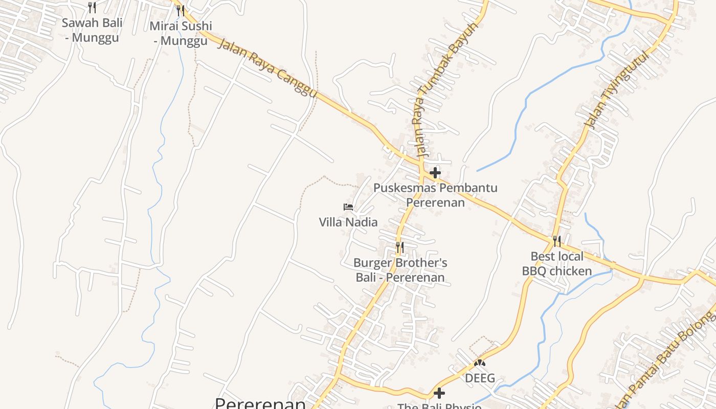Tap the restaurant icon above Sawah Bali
[92, 8]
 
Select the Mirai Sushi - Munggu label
[181, 33]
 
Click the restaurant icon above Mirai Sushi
[180, 10]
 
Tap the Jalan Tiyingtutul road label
[617, 90]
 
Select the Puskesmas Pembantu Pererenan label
[435, 195]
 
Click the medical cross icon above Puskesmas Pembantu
[435, 173]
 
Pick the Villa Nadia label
[348, 222]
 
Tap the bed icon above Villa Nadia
[348, 207]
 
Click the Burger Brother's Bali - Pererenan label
[400, 270]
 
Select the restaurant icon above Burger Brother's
[400, 247]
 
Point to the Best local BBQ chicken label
[557, 263]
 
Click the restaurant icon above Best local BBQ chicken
[557, 241]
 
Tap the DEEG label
[480, 378]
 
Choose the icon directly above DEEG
[479, 363]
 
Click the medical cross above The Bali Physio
[439, 393]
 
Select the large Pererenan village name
[260, 402]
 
